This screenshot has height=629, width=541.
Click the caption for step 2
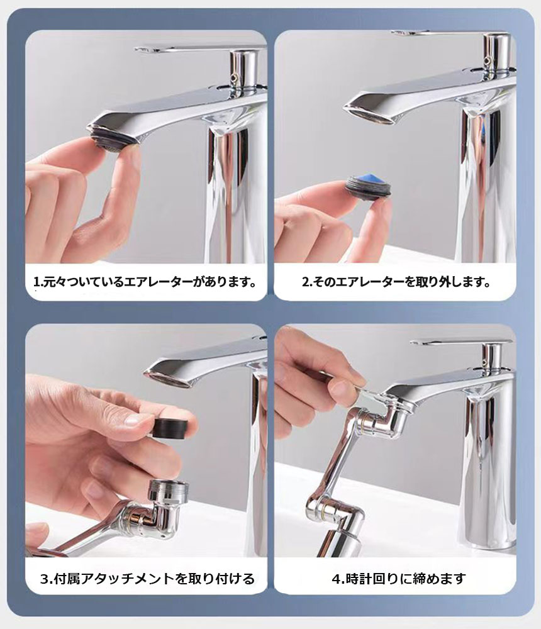click(396, 282)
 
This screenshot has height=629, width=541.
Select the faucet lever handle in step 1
click(189, 48)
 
